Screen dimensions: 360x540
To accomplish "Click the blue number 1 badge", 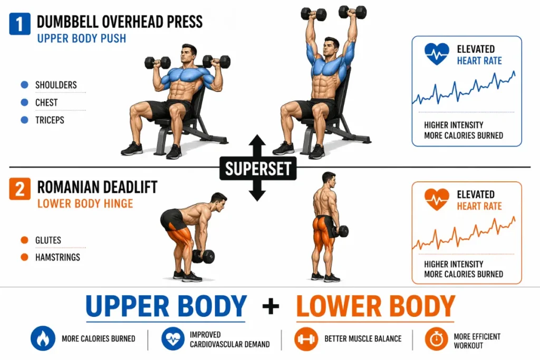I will [x=20, y=24].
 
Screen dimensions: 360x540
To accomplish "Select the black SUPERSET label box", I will [x=257, y=169].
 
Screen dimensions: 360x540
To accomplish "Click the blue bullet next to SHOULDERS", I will [x=24, y=85].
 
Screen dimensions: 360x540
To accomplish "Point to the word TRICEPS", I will [x=50, y=120].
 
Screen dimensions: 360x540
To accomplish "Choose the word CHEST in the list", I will [x=46, y=103].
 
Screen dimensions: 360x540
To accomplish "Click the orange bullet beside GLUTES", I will [x=24, y=240].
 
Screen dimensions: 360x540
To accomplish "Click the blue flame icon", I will [x=43, y=339].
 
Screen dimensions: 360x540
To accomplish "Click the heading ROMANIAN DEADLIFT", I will [x=97, y=188].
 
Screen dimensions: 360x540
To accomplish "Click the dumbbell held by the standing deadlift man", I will [x=341, y=231].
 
